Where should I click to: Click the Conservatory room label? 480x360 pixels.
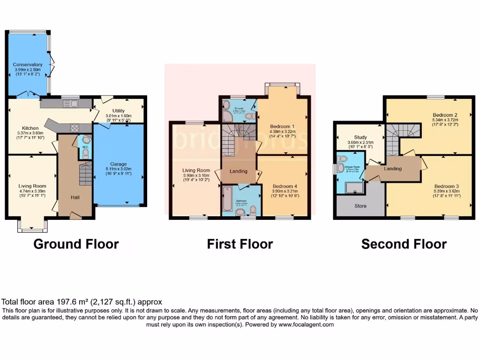(x=28, y=65)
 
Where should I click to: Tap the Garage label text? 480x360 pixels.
(x=119, y=164)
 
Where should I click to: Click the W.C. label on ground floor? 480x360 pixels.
(x=85, y=147)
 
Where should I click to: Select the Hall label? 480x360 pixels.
(x=75, y=197)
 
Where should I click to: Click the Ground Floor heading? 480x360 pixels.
(x=76, y=244)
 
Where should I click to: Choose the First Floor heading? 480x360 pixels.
(x=240, y=244)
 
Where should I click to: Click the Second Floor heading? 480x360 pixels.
(x=404, y=244)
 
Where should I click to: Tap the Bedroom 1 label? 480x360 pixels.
(x=282, y=127)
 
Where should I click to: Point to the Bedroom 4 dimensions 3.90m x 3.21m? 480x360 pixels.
(x=285, y=191)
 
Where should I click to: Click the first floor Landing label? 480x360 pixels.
(x=238, y=172)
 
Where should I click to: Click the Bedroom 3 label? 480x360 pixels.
(x=446, y=186)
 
